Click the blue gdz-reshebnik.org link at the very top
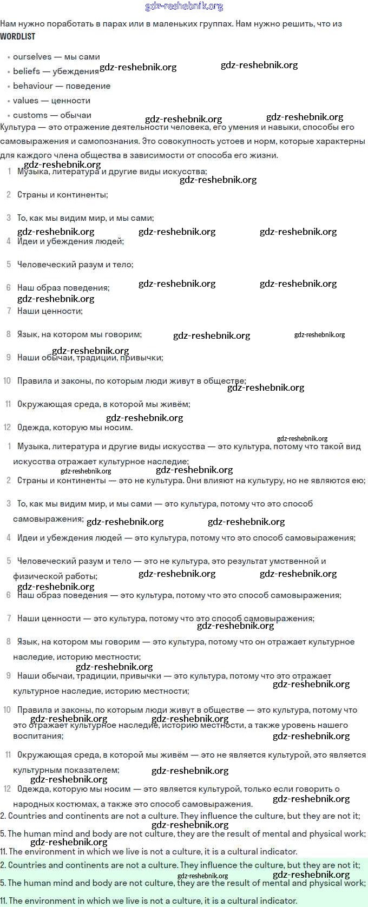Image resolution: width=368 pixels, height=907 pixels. click(x=184, y=6)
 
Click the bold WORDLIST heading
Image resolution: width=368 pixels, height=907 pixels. click(x=17, y=36)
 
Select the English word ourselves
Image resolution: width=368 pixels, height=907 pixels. click(x=32, y=57)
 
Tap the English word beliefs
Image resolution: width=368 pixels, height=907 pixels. click(x=27, y=71)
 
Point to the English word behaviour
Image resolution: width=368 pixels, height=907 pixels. click(x=33, y=86)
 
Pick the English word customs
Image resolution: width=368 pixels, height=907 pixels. click(x=30, y=115)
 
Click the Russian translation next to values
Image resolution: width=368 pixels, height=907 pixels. click(x=71, y=101)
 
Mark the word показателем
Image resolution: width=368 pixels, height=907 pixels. click(x=92, y=770)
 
